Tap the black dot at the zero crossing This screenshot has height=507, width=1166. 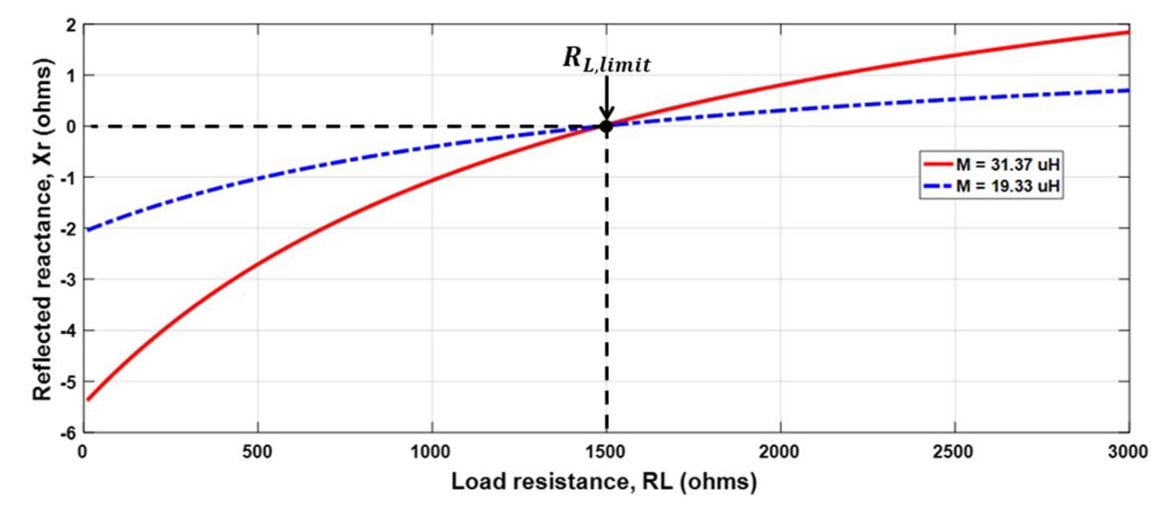[606, 126]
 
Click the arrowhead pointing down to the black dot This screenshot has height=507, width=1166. [606, 113]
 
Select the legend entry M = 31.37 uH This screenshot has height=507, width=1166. [1007, 165]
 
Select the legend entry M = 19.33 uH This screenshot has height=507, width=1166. [1007, 186]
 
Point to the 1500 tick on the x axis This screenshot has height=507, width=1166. [606, 452]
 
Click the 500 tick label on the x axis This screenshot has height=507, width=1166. [258, 452]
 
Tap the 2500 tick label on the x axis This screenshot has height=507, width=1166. [955, 452]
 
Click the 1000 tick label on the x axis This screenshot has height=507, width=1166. [432, 452]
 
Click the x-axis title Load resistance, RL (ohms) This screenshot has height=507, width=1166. [604, 482]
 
